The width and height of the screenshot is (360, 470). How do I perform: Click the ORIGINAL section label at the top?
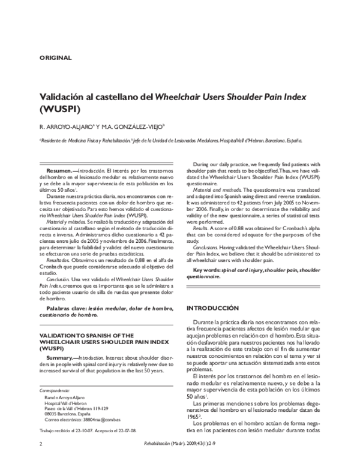point(55,58)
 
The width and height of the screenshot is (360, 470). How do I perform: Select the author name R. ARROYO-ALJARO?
point(64,126)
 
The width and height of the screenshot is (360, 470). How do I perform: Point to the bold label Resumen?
point(59,171)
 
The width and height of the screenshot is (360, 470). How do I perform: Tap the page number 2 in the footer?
point(40,460)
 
